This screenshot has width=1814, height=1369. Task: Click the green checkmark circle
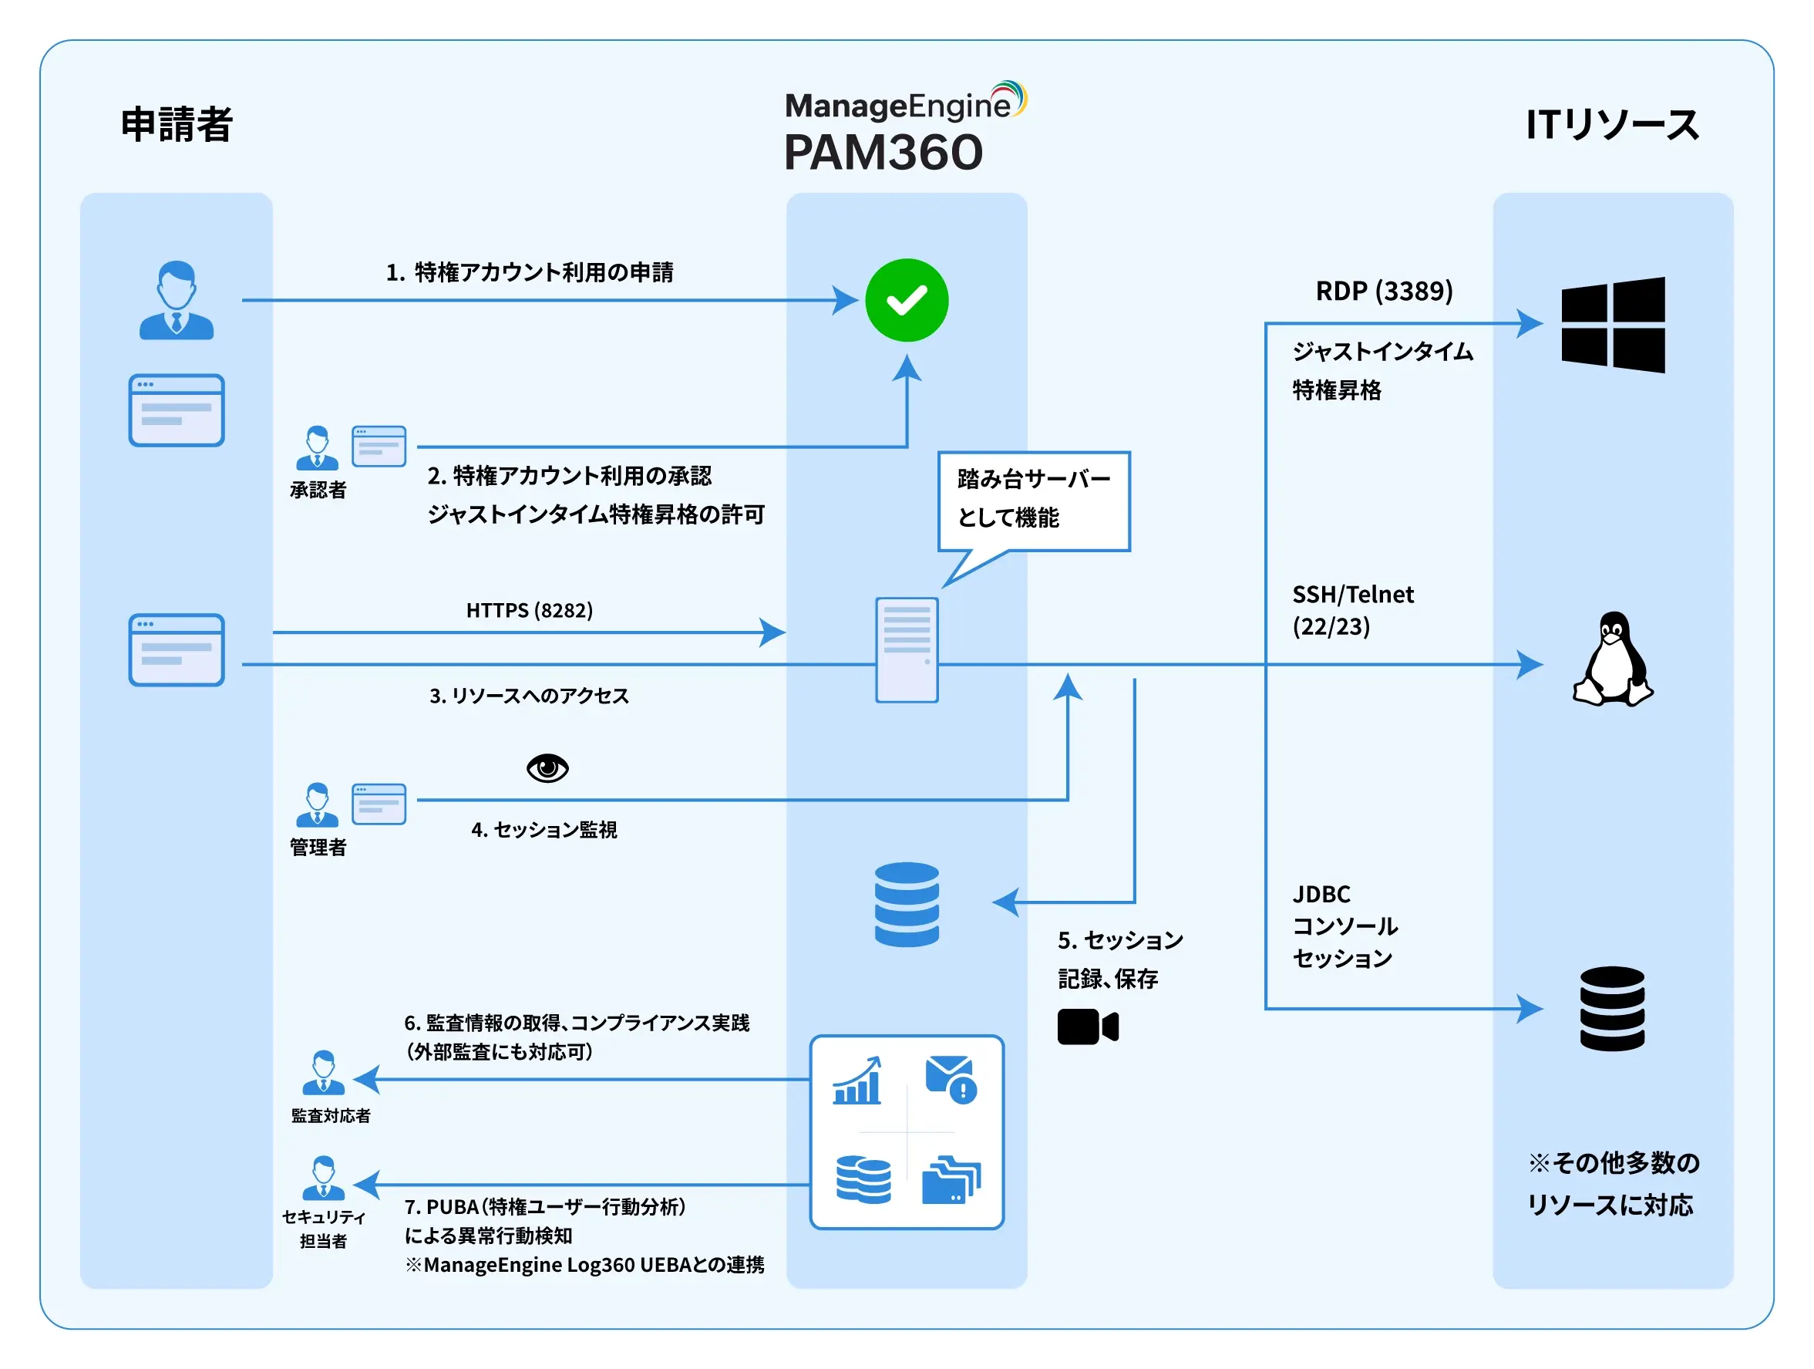906,300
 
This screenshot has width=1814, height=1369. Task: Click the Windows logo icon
1612,325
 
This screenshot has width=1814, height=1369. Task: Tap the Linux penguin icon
1612,659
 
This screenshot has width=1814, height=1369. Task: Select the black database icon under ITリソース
1611,1008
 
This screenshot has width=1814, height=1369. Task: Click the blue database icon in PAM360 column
906,904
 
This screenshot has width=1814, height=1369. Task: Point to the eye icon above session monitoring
547,767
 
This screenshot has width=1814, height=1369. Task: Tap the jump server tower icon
906,649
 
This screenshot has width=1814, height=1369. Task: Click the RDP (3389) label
1384,292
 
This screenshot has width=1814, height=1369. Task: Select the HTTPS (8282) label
529,610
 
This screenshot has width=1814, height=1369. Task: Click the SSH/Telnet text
1352,595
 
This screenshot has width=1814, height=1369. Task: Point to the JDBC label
1321,893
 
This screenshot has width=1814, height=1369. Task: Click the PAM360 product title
883,153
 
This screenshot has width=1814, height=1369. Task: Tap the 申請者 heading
177,125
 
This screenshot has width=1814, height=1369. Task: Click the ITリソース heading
1611,125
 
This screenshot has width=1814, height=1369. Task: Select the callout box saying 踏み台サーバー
1033,501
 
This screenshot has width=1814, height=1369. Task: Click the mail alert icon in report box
951,1079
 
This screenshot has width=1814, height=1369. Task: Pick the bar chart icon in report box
857,1081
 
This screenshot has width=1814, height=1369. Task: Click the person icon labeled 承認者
318,448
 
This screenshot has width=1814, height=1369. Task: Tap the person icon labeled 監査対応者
324,1073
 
